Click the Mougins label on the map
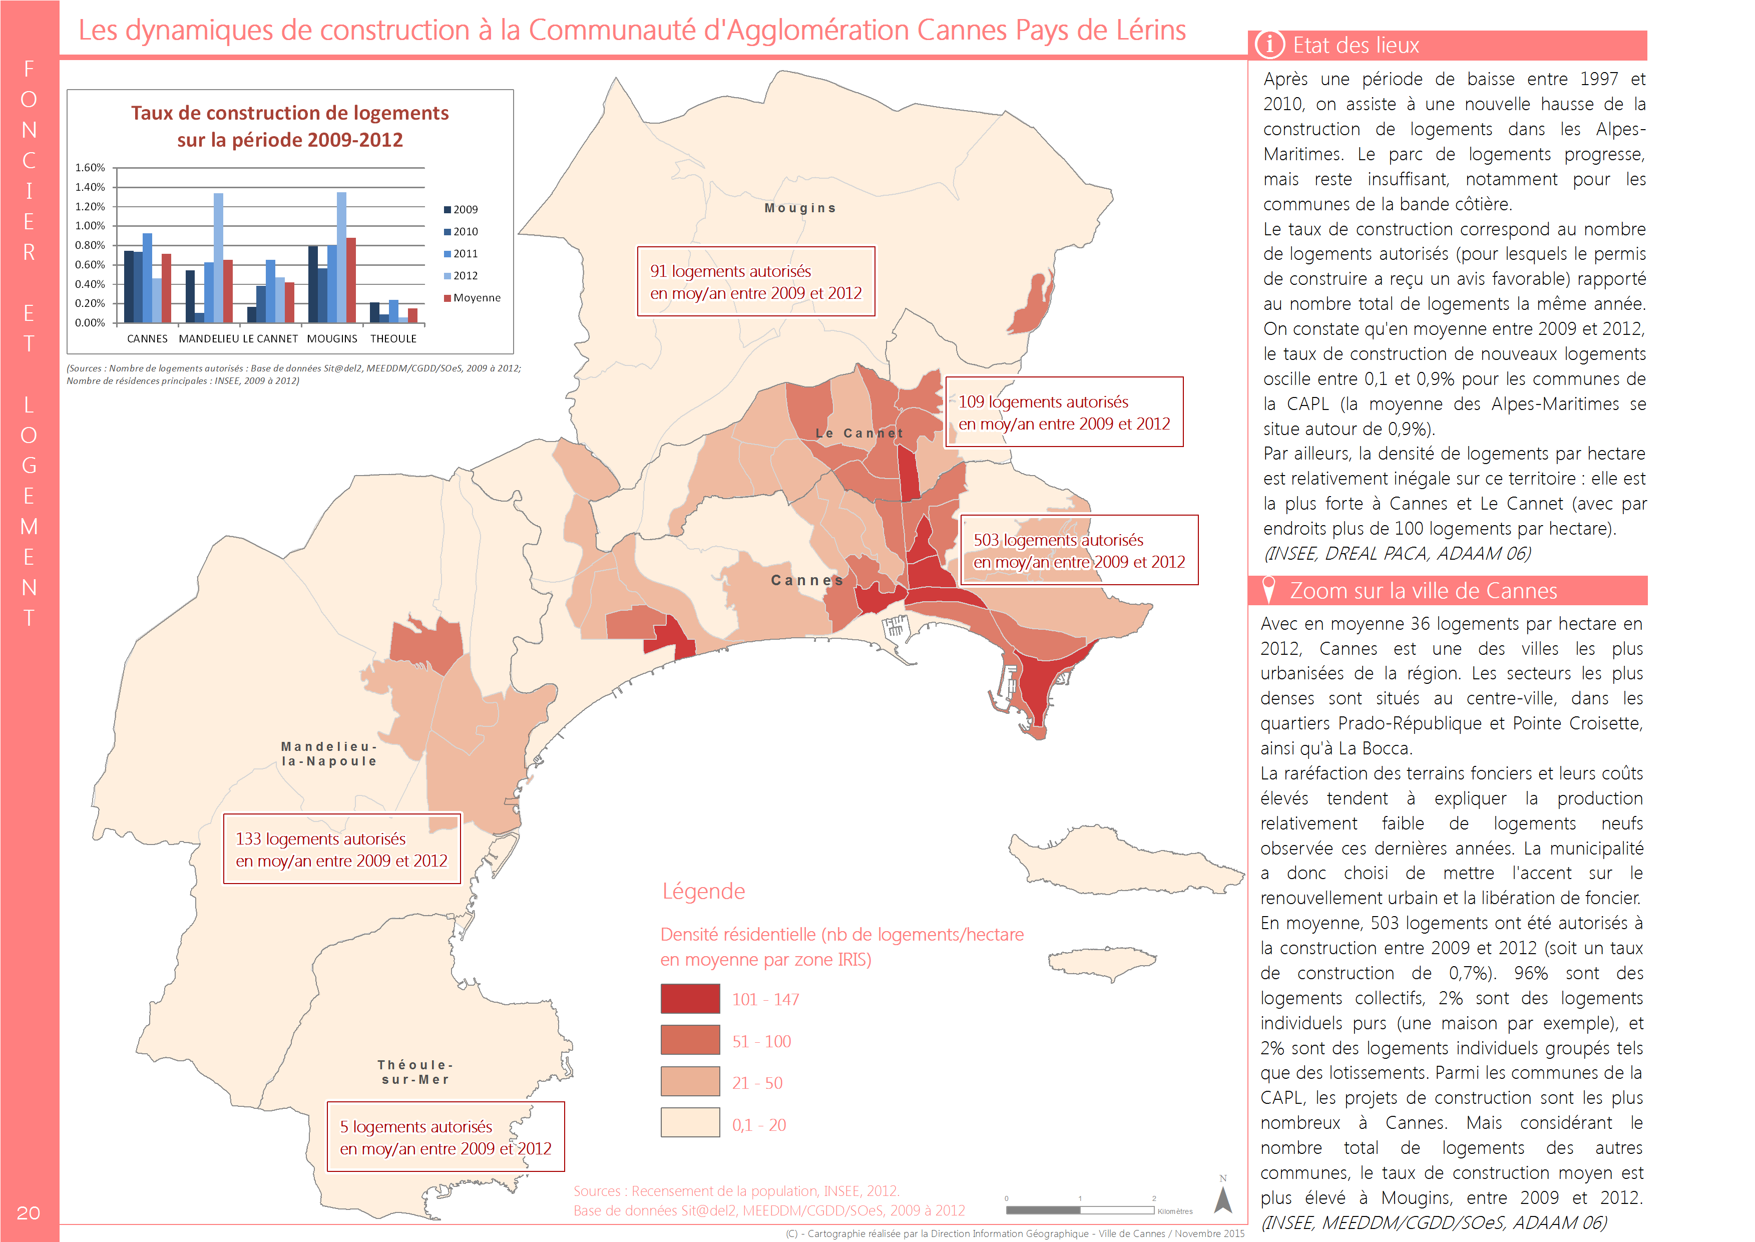tap(800, 208)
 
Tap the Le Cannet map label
tap(859, 434)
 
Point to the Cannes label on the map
tap(807, 581)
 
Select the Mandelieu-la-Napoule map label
tap(329, 754)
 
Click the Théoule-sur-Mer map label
tap(416, 1072)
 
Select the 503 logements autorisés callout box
tap(1079, 551)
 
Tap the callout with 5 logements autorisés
tap(446, 1137)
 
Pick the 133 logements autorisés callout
tap(342, 849)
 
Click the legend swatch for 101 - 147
tap(690, 999)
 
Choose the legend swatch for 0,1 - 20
tap(690, 1123)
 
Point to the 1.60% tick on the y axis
tap(90, 168)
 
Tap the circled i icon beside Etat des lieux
tap(1270, 45)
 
